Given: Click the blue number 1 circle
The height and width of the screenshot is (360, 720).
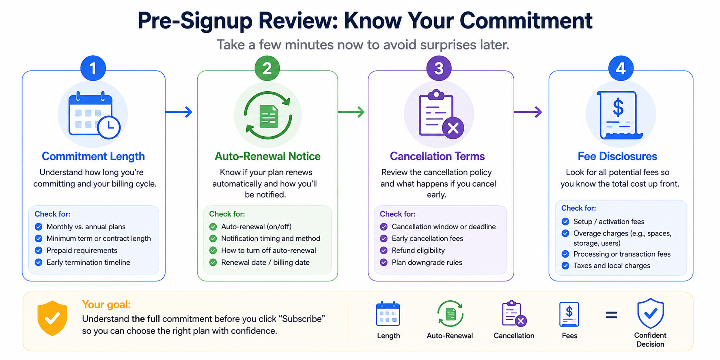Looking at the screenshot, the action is click(x=93, y=68).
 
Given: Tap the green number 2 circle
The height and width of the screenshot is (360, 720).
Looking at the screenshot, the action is click(x=267, y=68).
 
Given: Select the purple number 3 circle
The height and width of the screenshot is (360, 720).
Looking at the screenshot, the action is click(x=439, y=68).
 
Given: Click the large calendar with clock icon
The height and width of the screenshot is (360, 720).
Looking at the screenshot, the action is click(x=94, y=115).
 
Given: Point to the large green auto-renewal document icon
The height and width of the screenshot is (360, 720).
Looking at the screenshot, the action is click(x=268, y=116).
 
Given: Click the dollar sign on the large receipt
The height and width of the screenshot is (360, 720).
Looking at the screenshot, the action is click(x=618, y=108).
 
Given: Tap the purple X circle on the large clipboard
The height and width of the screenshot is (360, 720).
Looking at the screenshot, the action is click(x=453, y=128).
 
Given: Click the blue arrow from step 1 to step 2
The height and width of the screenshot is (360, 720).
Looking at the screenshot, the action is click(x=179, y=112).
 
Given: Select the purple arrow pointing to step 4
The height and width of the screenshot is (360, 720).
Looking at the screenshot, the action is click(x=528, y=112).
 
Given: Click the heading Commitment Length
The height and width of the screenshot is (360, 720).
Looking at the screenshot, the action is click(x=93, y=156).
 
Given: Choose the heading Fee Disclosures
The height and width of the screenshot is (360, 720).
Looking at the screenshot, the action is click(x=617, y=156).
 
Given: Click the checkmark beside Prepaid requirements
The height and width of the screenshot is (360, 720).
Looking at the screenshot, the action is click(x=39, y=250).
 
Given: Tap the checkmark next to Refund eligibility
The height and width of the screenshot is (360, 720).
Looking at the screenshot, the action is click(x=384, y=250).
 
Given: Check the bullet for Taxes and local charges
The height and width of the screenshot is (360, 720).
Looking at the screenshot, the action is click(x=565, y=265).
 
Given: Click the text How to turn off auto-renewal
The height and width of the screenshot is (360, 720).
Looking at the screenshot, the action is click(x=269, y=250).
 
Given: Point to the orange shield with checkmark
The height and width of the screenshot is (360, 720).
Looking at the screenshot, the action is click(x=52, y=318).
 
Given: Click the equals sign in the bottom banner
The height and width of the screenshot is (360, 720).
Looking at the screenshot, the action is click(x=611, y=315).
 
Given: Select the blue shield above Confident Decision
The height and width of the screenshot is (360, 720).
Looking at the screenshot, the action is click(x=651, y=313).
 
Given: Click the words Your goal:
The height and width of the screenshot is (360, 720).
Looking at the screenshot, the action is click(x=106, y=304).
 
